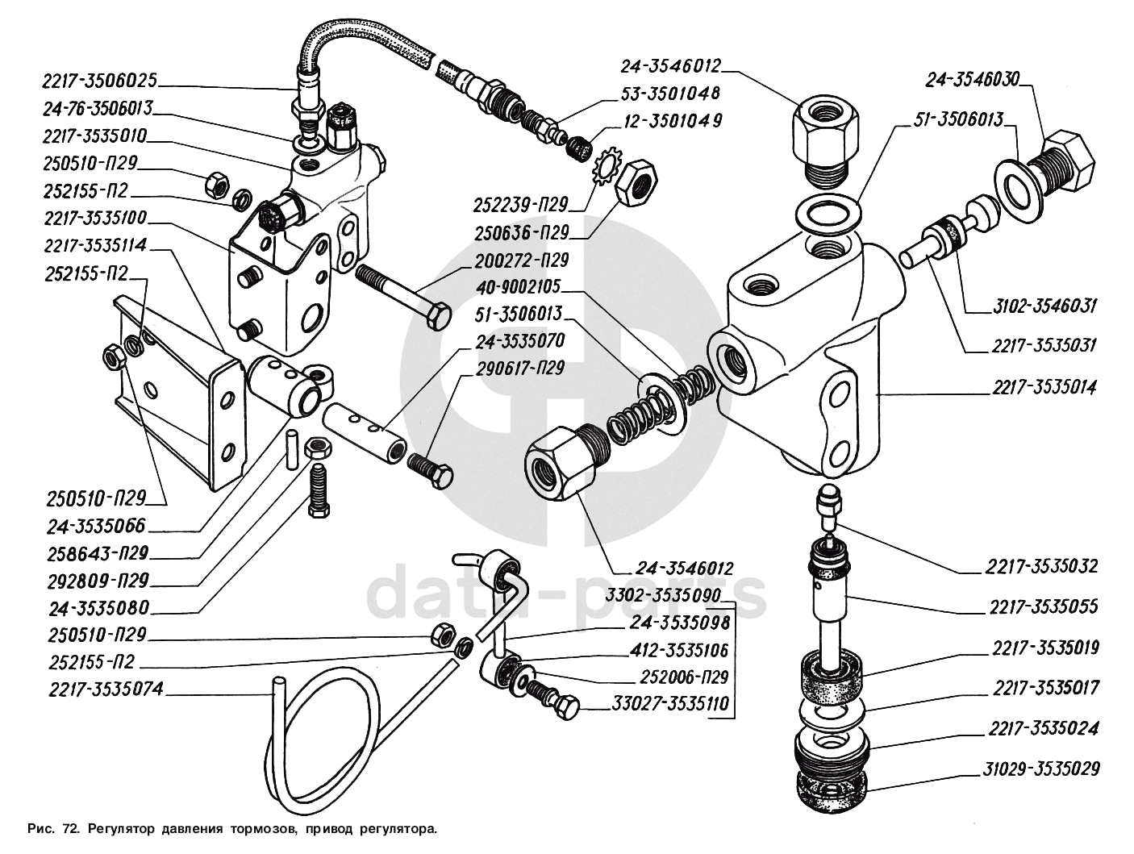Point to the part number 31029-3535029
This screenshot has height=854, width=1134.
pyautogui.click(x=1041, y=769)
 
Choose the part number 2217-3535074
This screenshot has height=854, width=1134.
pyautogui.click(x=106, y=689)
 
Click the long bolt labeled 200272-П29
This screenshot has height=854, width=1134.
pyautogui.click(x=403, y=294)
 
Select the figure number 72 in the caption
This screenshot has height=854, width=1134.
pyautogui.click(x=70, y=828)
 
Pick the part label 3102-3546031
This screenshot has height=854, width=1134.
pyautogui.click(x=1041, y=306)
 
